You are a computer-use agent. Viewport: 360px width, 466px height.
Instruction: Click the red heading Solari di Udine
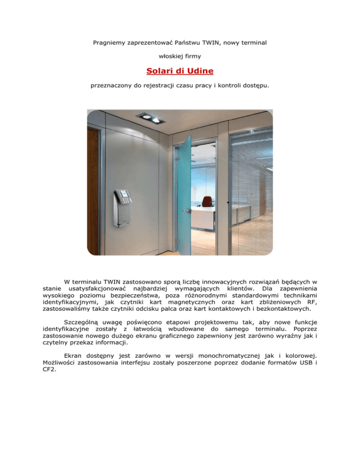pyautogui.click(x=180, y=72)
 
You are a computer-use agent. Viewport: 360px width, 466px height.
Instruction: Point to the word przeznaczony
pyautogui.click(x=110, y=86)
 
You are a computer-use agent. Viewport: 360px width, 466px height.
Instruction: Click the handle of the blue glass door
pyautogui.click(x=189, y=211)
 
